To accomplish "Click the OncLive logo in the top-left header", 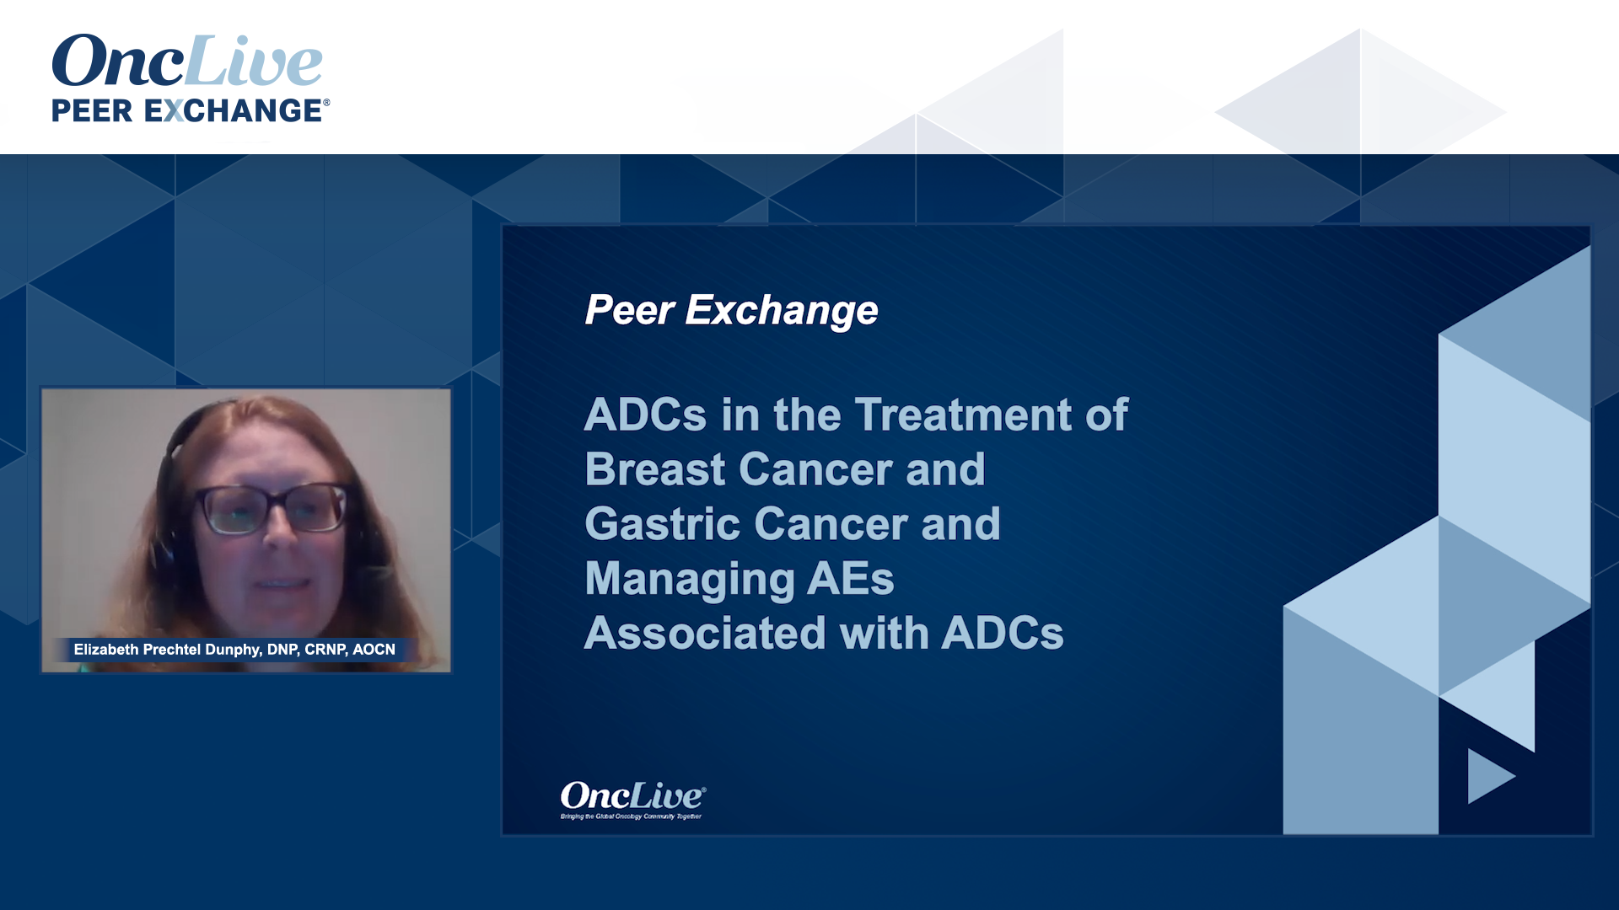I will coord(187,61).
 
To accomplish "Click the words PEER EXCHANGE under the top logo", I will coord(187,110).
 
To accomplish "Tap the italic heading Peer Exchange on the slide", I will coord(731,310).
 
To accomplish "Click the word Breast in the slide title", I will coord(654,469).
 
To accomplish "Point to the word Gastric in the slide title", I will coord(662,524).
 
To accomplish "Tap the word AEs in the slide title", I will coord(851,579).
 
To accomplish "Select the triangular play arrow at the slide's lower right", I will coord(1488,776).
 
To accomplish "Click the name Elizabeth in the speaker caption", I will coord(105,650).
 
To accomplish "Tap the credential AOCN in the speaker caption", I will coord(374,650).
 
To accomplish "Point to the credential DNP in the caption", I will coord(282,650).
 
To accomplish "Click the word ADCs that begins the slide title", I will coord(645,415).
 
